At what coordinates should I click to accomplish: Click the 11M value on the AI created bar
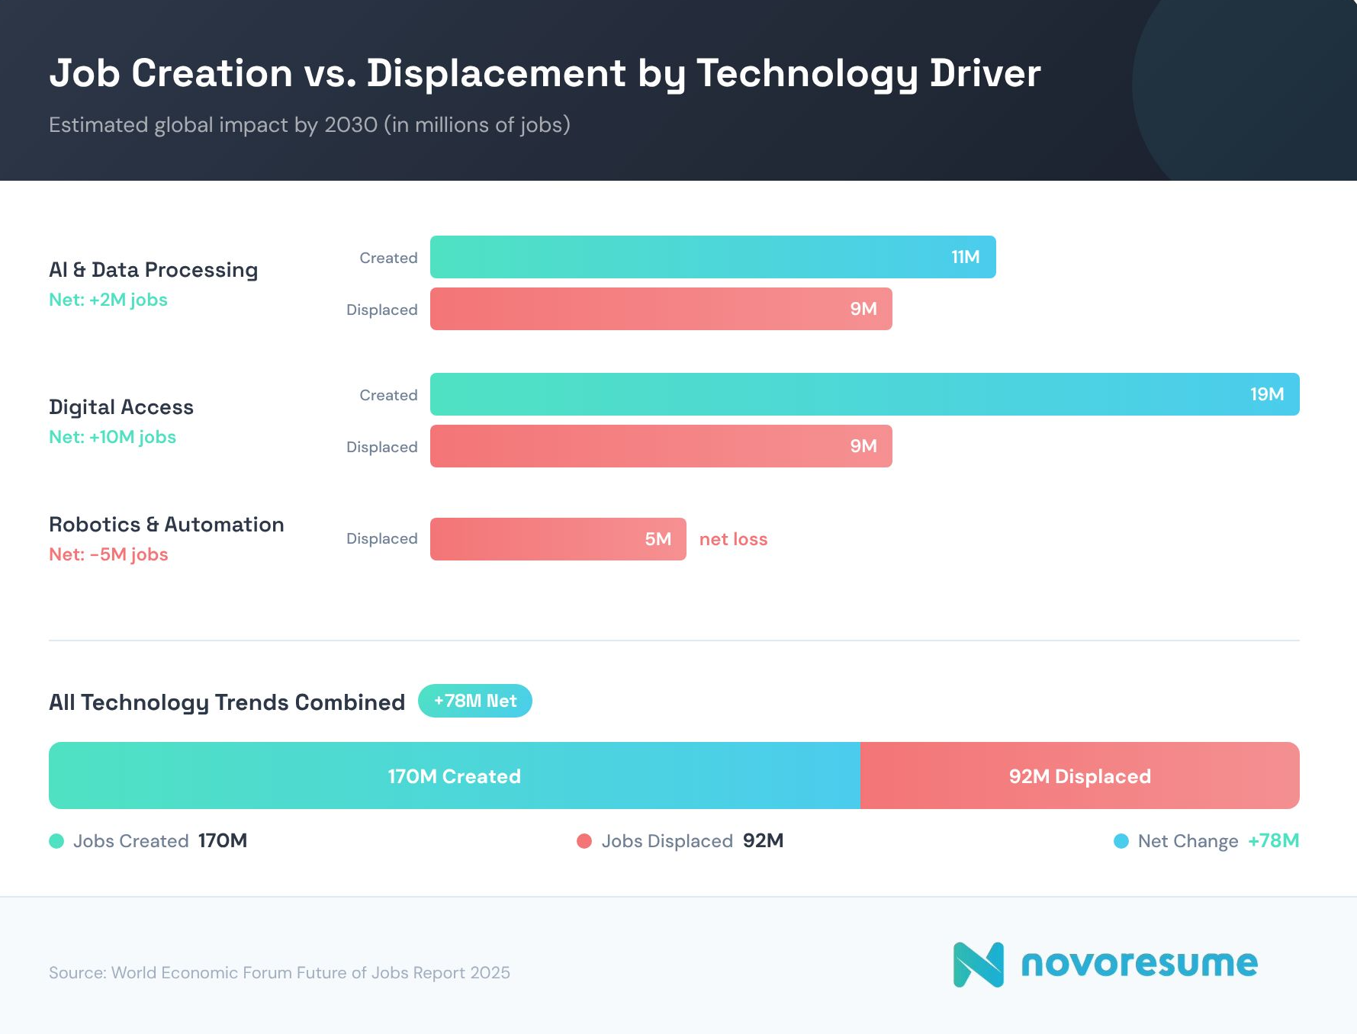point(965,257)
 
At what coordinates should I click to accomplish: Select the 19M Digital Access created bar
point(864,394)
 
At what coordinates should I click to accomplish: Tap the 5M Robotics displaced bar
point(558,539)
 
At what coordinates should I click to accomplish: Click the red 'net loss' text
point(733,539)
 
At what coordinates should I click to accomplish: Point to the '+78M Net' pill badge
point(474,701)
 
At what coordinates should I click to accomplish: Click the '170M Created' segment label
point(454,776)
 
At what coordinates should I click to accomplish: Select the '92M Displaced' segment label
point(1079,776)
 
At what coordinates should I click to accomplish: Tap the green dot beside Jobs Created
point(56,841)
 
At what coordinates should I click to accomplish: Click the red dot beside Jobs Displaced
point(584,841)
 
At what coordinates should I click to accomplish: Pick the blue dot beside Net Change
point(1121,841)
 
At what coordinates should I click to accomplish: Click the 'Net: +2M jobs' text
point(108,300)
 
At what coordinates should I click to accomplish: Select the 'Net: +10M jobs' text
point(112,437)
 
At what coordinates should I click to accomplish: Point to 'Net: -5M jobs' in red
point(108,554)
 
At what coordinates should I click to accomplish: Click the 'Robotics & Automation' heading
point(166,525)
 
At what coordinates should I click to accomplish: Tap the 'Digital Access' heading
point(121,407)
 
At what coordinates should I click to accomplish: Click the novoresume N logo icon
point(978,965)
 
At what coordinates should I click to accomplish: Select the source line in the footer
point(279,973)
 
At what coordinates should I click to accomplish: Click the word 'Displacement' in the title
point(496,74)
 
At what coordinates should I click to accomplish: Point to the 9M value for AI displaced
point(863,309)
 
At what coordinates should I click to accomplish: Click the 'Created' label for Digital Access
point(388,395)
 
